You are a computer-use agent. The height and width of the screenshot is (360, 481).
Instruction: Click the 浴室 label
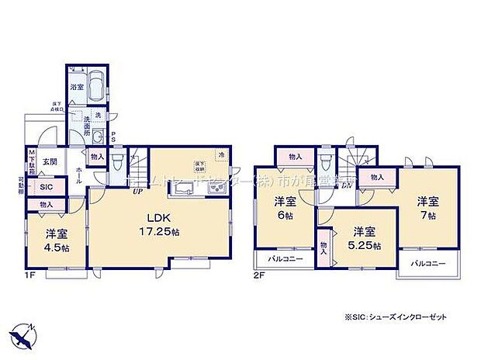[x=77, y=88]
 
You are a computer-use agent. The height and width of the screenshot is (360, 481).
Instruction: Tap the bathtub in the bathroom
[x=97, y=83]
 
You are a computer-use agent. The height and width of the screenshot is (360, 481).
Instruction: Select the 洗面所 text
[x=89, y=123]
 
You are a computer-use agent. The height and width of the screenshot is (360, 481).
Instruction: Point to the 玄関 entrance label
[x=50, y=161]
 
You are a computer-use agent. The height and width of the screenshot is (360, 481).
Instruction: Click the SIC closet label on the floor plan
[x=46, y=187]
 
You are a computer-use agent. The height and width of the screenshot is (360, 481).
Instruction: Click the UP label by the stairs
[x=137, y=191]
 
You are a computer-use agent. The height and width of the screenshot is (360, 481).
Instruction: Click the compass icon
[x=24, y=334]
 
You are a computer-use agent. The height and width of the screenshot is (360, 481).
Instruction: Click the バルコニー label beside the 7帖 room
[x=427, y=264]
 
